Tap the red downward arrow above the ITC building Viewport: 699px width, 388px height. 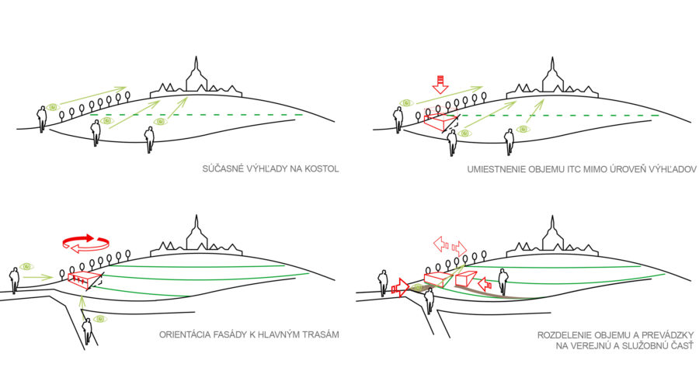point(440,83)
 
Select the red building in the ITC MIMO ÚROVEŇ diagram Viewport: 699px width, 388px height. point(440,122)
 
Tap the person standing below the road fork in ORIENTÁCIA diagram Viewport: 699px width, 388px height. point(89,327)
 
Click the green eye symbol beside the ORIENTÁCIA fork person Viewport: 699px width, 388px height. point(99,318)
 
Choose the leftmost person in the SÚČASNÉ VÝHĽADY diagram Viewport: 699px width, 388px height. point(42,119)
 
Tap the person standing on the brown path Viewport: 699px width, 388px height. point(503,281)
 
